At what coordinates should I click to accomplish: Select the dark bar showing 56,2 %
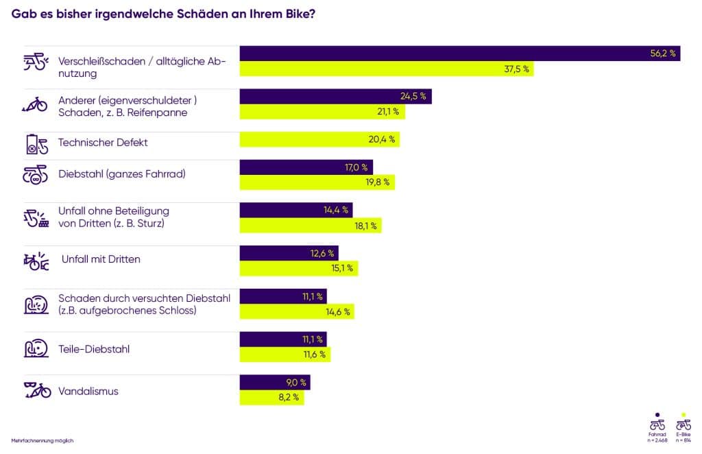point(459,53)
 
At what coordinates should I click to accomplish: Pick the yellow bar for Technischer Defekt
point(319,139)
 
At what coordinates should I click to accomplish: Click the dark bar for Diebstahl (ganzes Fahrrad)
point(306,167)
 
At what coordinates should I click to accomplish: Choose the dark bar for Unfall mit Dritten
point(289,253)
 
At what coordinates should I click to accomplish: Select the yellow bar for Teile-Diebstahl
point(285,355)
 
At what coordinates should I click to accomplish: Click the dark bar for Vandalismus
point(275,383)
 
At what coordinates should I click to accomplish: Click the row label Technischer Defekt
point(103,143)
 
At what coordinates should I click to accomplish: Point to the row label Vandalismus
point(88,391)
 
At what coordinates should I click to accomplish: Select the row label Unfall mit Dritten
point(101,259)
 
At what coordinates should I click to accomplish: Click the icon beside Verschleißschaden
point(36,62)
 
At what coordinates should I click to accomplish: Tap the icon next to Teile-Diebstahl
point(36,348)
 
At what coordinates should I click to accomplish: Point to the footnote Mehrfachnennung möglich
point(43,440)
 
